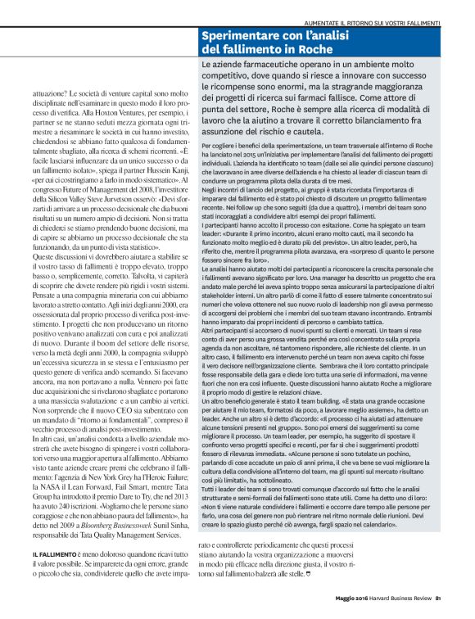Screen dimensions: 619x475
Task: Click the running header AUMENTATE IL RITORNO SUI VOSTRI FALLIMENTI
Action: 373,21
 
